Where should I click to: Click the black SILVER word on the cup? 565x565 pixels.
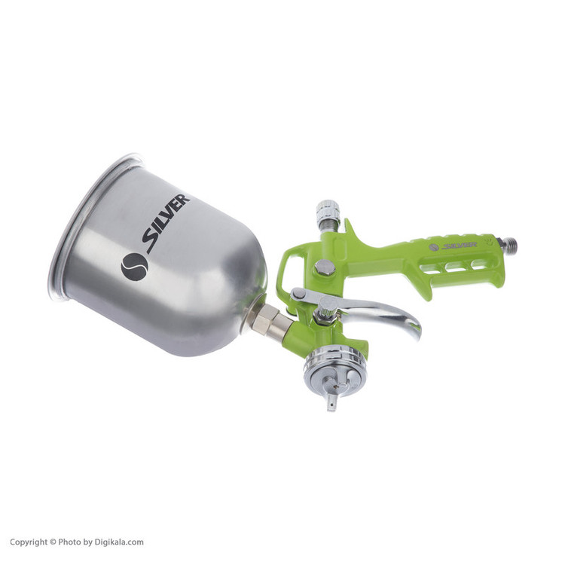(166, 224)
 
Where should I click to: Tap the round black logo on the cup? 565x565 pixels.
(135, 267)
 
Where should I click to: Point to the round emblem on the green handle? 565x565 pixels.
(434, 247)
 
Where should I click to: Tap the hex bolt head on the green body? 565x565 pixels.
(325, 267)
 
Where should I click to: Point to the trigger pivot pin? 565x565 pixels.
(297, 294)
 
